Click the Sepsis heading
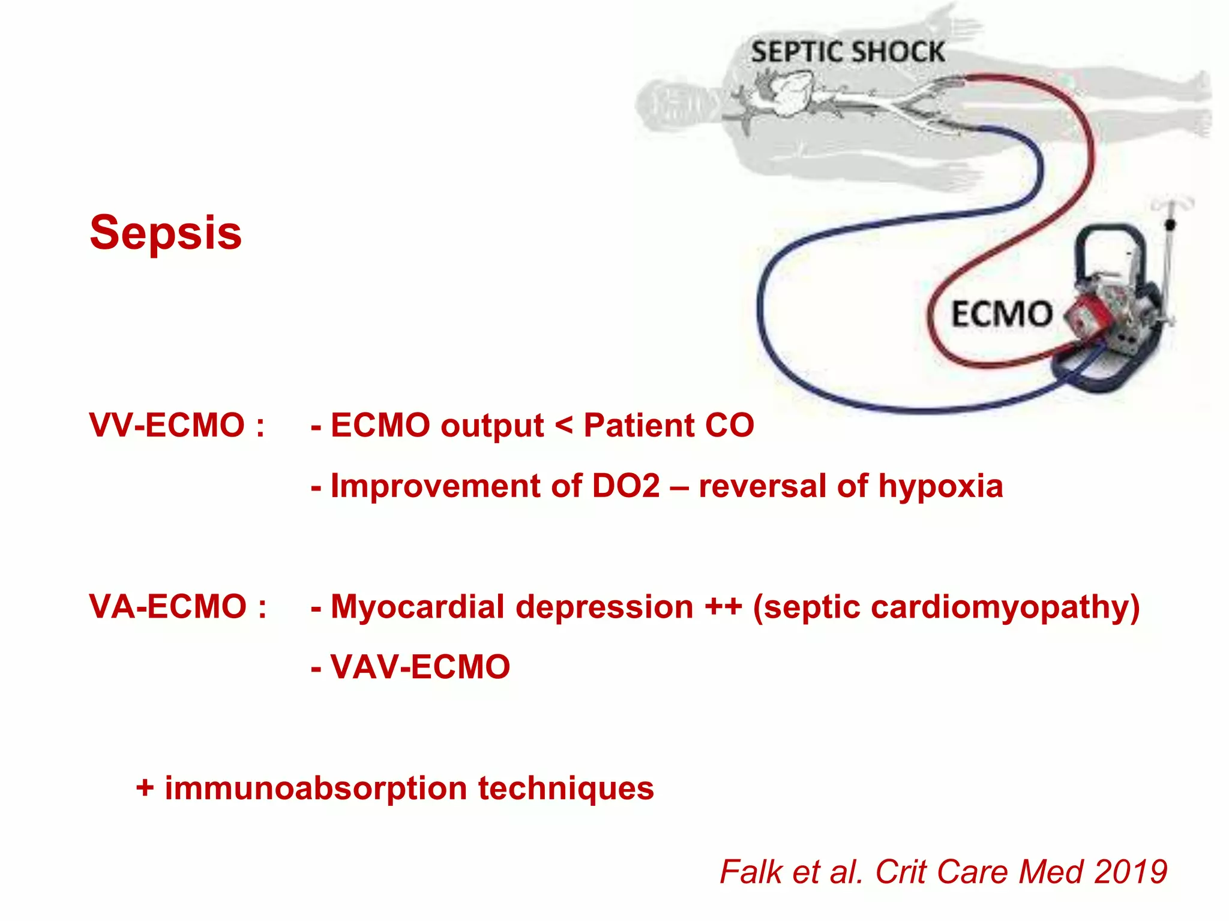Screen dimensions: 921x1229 pyautogui.click(x=166, y=233)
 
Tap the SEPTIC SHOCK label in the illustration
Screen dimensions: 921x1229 pyautogui.click(x=848, y=52)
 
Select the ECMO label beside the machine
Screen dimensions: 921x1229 pyautogui.click(x=1002, y=314)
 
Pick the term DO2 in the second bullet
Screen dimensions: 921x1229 pyautogui.click(x=626, y=486)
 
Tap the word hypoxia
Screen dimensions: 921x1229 pyautogui.click(x=940, y=486)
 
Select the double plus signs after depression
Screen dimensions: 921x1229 pyautogui.click(x=723, y=607)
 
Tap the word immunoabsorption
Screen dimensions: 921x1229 pyautogui.click(x=316, y=788)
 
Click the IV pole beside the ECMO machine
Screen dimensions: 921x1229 pyautogui.click(x=1169, y=252)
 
